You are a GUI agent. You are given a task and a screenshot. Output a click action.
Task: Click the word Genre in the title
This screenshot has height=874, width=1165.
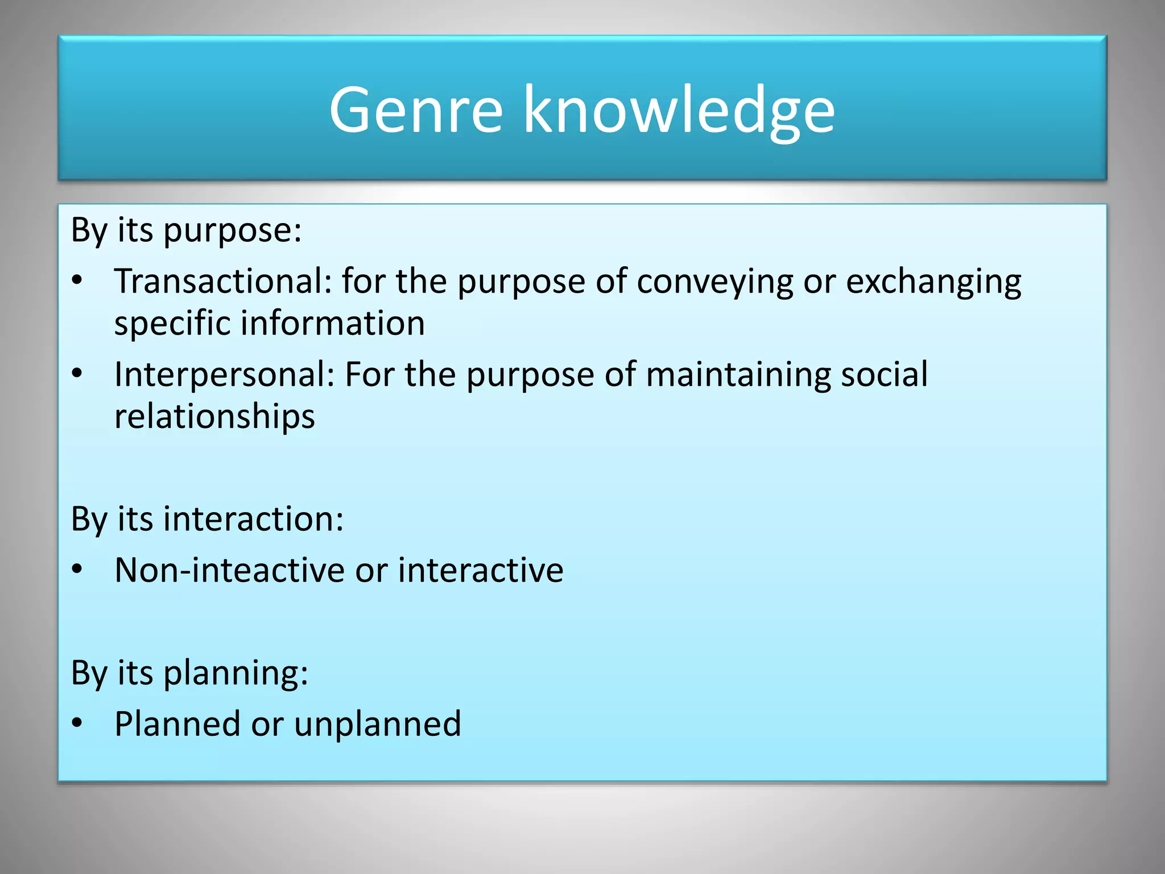point(416,109)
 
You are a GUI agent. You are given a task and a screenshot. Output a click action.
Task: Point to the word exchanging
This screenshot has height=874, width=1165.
point(933,282)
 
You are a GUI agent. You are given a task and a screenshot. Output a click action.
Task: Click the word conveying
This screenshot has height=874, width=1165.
point(714,282)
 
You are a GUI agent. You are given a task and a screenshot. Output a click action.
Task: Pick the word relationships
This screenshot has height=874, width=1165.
point(214,416)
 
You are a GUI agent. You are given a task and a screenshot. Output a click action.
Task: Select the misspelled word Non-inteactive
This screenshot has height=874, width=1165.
point(230,570)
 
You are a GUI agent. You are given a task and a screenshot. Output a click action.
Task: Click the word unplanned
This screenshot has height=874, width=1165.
point(377,724)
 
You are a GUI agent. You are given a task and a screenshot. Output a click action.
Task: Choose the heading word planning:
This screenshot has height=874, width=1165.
point(236,673)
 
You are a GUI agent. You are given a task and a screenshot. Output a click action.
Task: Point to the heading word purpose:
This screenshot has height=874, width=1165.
point(232,231)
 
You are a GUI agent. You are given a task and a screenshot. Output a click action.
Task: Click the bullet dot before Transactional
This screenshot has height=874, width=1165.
point(77,281)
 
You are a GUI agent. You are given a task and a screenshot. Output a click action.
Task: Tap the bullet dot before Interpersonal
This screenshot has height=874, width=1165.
point(77,374)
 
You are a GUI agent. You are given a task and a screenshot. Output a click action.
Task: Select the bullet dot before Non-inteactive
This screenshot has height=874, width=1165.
point(77,569)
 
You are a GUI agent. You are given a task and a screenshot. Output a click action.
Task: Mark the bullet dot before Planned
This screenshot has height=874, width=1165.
point(77,723)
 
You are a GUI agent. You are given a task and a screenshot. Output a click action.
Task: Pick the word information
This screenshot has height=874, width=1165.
point(332,323)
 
